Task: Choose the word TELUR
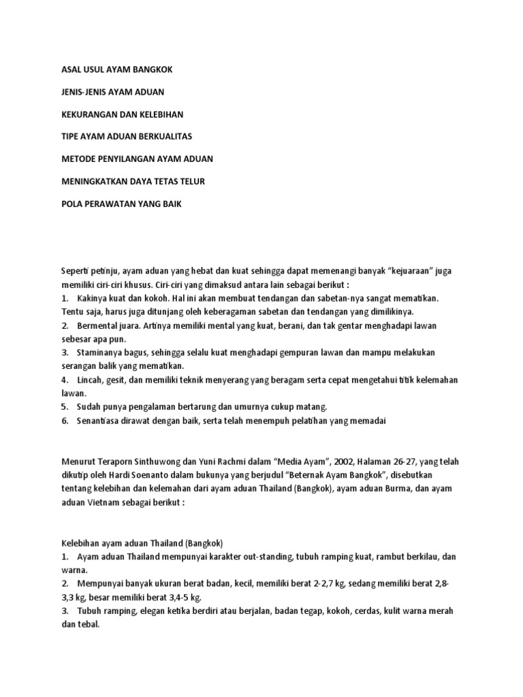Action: click(x=191, y=182)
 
